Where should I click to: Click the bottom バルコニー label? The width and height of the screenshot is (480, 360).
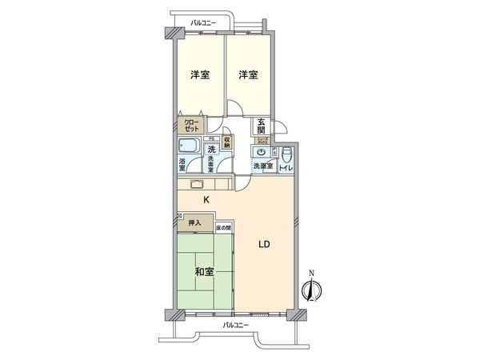tap(234, 325)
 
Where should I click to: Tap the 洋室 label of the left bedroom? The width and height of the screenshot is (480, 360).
tap(200, 75)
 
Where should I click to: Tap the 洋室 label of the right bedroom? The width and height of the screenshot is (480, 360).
tap(248, 75)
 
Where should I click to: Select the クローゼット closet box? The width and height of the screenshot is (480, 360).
tap(192, 125)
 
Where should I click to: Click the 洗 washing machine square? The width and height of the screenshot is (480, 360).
tap(211, 150)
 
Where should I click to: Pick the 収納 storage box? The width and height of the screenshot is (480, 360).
tap(227, 142)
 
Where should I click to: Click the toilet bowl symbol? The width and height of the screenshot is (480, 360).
tap(287, 151)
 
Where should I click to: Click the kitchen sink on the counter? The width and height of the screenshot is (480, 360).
tap(197, 183)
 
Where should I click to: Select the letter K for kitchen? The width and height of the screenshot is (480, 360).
tap(206, 200)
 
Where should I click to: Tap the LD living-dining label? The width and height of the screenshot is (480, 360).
tap(263, 246)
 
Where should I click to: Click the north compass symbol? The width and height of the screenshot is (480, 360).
tap(313, 287)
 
